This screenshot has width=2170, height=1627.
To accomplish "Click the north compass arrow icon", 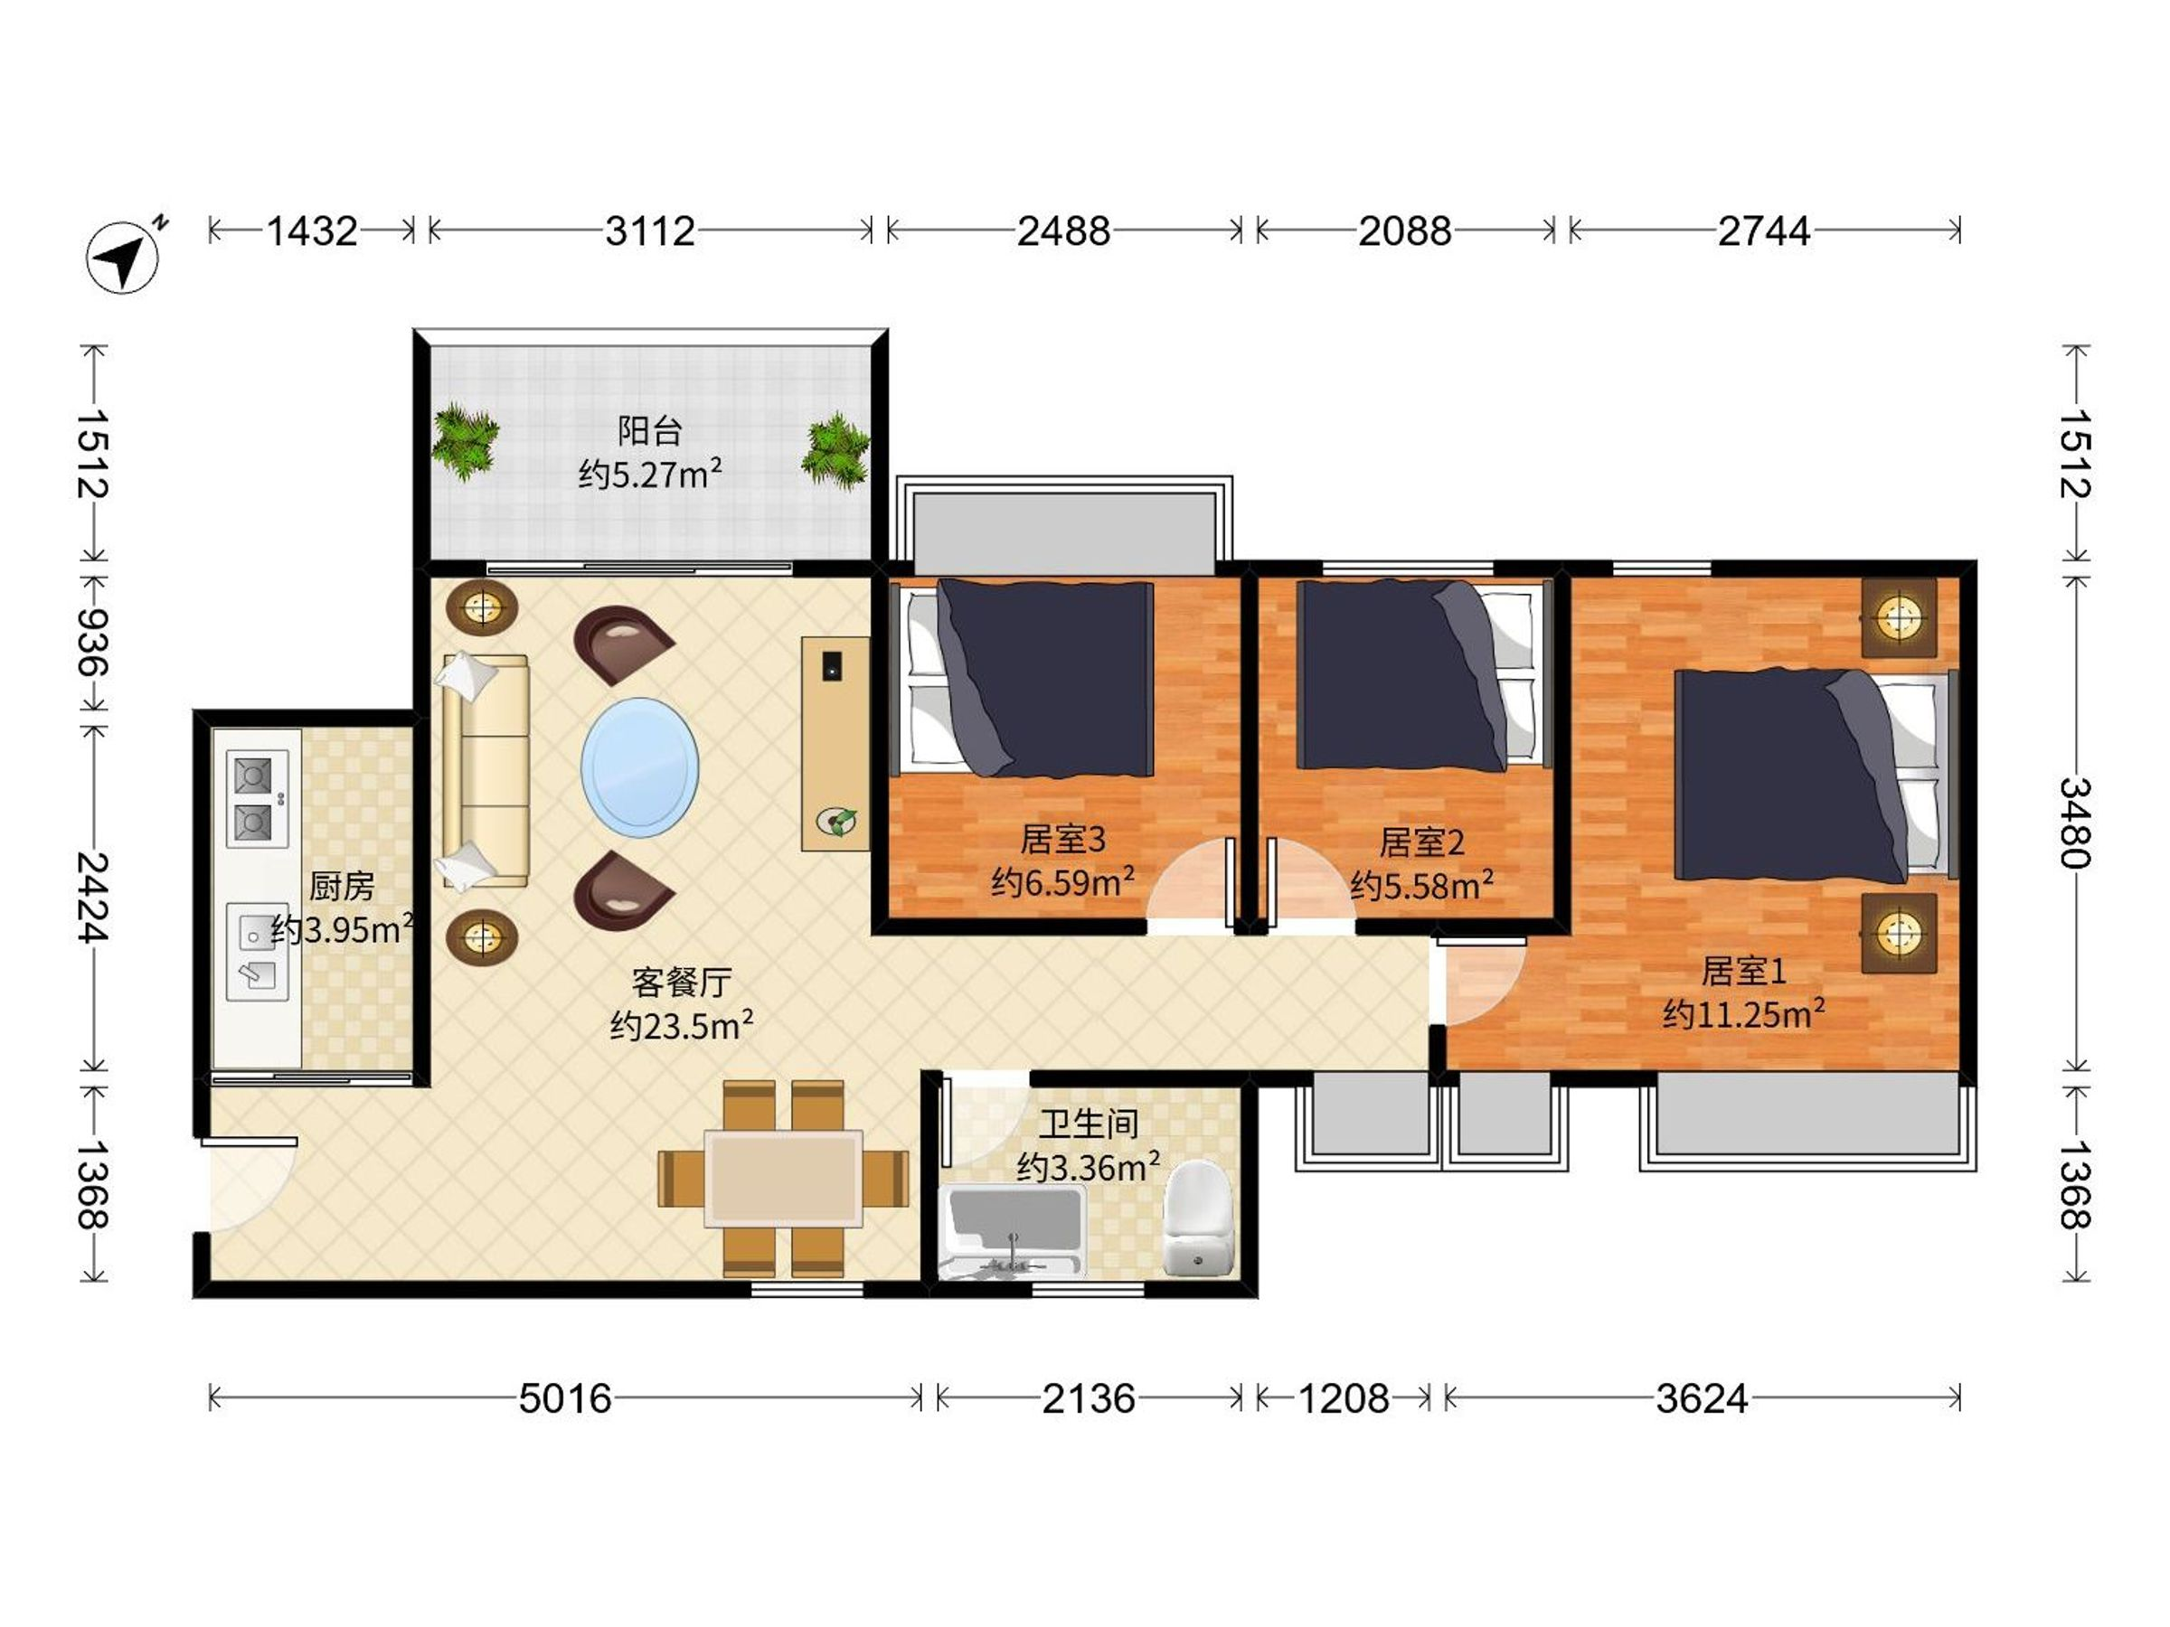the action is point(125,257).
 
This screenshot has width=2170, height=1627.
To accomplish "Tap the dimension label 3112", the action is point(649,231).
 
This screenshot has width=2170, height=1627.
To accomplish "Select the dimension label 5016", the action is point(565,1398).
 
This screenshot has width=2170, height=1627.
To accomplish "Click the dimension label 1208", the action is point(1343,1398).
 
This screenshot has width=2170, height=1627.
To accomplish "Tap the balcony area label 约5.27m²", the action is point(650,474).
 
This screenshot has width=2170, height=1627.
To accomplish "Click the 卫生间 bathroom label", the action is point(1089,1123).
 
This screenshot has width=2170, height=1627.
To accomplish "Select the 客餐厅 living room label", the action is point(681,981).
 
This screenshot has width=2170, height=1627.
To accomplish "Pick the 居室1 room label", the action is point(1743,971).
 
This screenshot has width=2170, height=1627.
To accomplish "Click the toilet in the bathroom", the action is point(1197,1219).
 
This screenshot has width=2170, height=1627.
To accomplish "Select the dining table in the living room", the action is point(784,1179).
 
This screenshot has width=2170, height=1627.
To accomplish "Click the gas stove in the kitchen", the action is point(257,798).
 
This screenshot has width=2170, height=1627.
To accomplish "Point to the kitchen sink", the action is point(257,951).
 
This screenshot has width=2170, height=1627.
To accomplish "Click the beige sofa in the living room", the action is point(485,772).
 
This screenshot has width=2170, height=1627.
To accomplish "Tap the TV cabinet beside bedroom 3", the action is point(835,743).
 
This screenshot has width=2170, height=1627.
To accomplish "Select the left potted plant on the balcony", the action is point(466,441).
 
